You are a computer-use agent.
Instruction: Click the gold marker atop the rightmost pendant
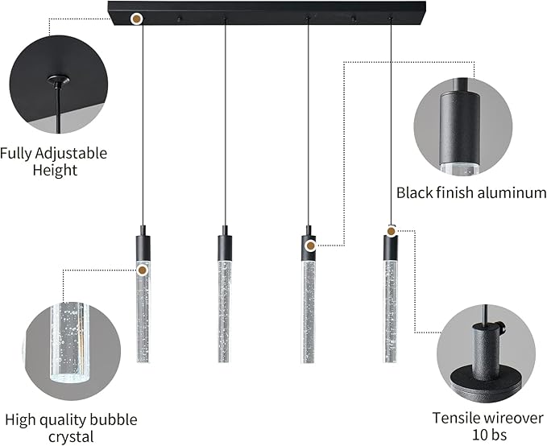392,232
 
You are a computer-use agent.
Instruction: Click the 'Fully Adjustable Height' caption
53,161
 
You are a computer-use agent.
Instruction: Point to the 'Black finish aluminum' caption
471,192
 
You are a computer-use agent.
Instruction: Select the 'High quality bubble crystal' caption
71,428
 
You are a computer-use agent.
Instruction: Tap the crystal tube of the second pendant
224,310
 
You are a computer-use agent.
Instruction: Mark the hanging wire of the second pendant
224,121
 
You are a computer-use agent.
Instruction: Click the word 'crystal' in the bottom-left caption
71,437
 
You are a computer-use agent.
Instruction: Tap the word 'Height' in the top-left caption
55,170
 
